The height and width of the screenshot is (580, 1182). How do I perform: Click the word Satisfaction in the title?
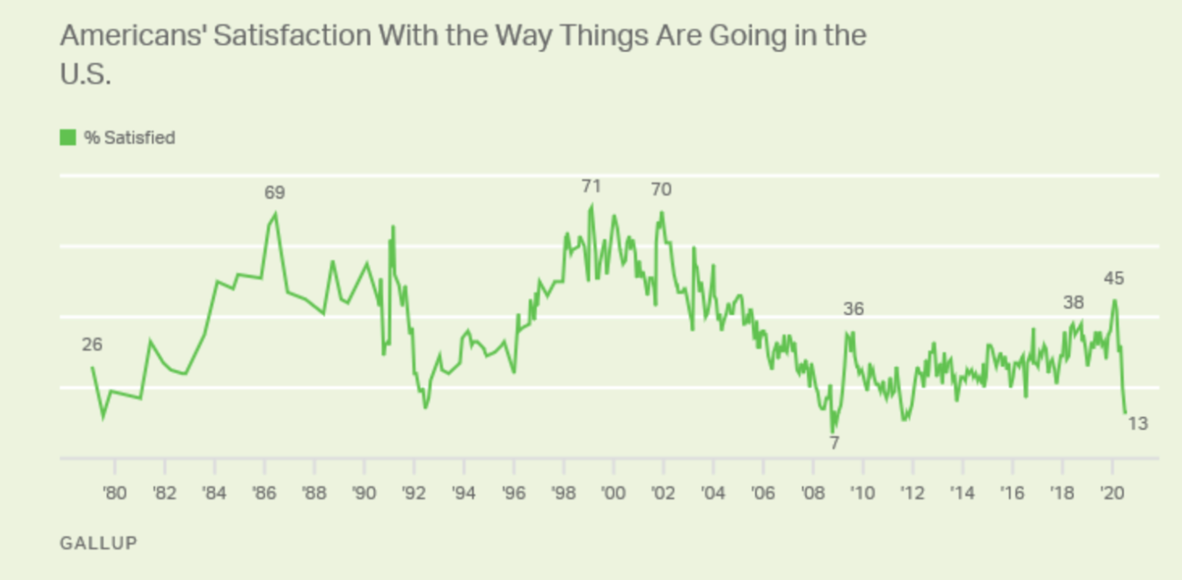[279, 36]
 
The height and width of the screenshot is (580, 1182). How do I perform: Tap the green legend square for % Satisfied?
[68, 137]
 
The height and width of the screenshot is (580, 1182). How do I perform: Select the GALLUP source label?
[98, 542]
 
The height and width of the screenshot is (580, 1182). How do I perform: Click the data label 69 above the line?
[274, 193]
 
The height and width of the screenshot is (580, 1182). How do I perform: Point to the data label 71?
[591, 186]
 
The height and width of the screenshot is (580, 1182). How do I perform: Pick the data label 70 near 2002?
[661, 190]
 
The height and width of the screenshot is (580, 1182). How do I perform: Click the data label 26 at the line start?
[92, 345]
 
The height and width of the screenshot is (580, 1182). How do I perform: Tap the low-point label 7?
[834, 443]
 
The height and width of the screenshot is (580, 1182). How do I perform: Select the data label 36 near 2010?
[854, 309]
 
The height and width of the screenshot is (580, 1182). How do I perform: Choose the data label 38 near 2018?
[1074, 303]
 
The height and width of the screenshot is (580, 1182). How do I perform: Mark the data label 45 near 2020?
[1113, 279]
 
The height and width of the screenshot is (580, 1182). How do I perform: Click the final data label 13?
[1138, 424]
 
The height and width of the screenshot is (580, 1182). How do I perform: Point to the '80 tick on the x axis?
[115, 494]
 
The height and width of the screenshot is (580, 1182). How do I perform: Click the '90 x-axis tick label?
[364, 494]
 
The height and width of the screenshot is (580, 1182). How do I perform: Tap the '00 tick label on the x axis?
[613, 494]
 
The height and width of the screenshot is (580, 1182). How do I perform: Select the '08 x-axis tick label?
[813, 494]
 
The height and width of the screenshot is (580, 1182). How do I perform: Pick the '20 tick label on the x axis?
[1111, 494]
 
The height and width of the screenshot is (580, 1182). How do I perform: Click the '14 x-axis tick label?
[962, 494]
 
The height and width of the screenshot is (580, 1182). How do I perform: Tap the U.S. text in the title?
[85, 75]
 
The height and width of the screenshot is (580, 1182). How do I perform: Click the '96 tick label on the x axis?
[514, 494]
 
